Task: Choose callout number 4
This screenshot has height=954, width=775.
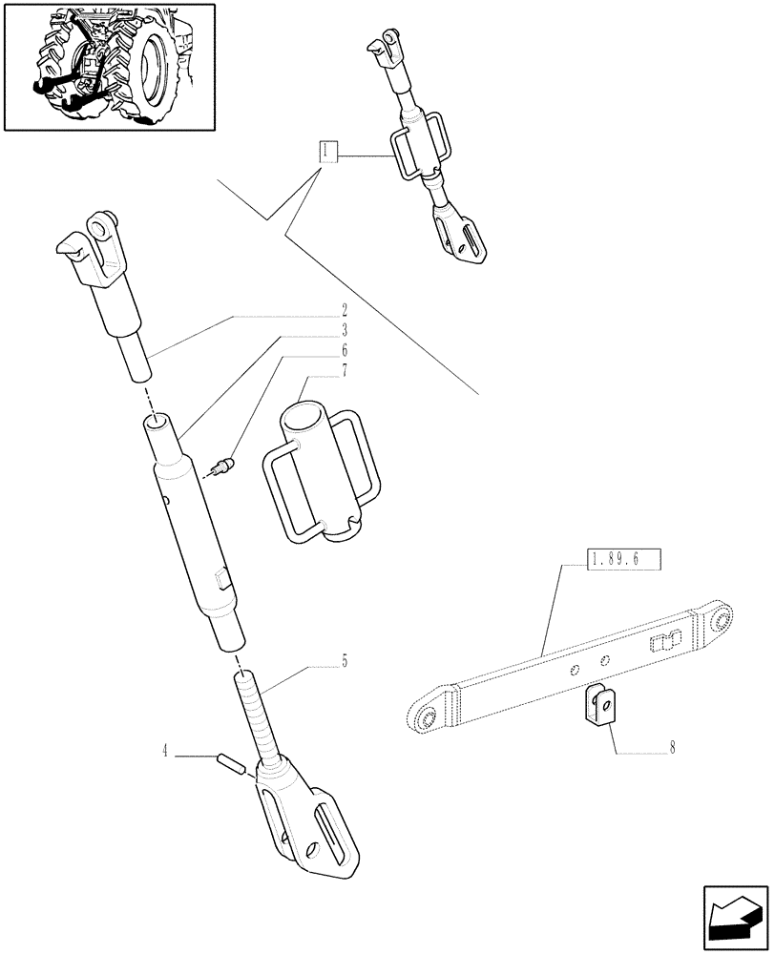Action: (x=166, y=754)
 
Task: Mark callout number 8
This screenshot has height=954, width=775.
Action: (x=672, y=749)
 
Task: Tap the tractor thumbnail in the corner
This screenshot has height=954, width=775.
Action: (x=109, y=67)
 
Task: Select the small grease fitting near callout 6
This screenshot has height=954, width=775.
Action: (x=220, y=467)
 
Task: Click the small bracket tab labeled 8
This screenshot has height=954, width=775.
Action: (x=597, y=707)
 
